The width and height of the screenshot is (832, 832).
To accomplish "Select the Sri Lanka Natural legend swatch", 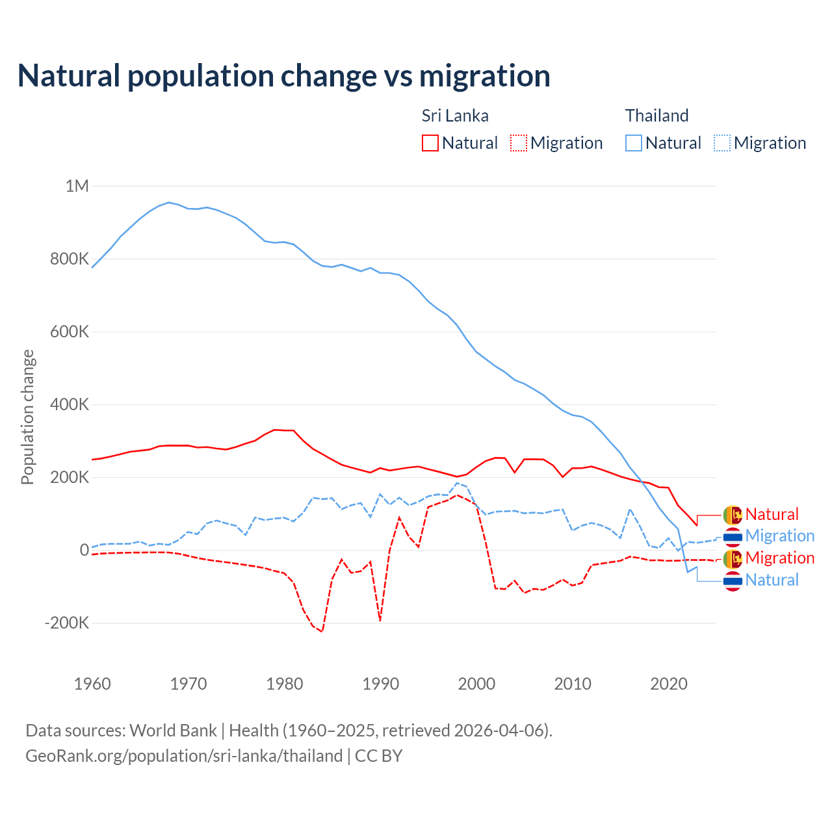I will [x=430, y=143].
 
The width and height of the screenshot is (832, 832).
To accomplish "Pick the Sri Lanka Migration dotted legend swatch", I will [x=519, y=143].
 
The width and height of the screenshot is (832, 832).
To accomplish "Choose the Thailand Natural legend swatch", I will [x=634, y=143].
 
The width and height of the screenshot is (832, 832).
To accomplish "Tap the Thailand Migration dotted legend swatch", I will [x=722, y=143].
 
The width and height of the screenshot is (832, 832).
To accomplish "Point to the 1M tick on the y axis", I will [x=77, y=187].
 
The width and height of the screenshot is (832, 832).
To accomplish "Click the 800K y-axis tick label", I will [x=70, y=259].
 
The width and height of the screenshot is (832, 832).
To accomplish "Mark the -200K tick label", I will [x=66, y=623].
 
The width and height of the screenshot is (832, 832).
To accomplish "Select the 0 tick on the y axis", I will [x=84, y=551].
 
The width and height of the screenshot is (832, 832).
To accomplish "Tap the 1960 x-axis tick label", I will [x=92, y=684].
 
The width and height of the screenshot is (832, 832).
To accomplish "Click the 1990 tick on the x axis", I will [x=380, y=684].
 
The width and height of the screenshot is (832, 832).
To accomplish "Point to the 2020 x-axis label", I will [x=668, y=684].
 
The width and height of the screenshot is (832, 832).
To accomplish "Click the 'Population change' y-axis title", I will [x=27, y=417].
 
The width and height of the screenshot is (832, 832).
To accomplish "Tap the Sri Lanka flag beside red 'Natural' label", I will [x=733, y=515].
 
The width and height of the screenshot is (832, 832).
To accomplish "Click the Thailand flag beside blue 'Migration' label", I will [x=733, y=536].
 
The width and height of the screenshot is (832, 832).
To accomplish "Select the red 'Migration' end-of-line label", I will [x=779, y=558].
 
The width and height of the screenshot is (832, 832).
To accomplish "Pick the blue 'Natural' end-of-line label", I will [x=772, y=580].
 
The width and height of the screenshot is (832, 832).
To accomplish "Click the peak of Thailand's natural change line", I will [x=169, y=202].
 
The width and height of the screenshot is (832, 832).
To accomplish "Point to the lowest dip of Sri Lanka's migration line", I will [x=322, y=631].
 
